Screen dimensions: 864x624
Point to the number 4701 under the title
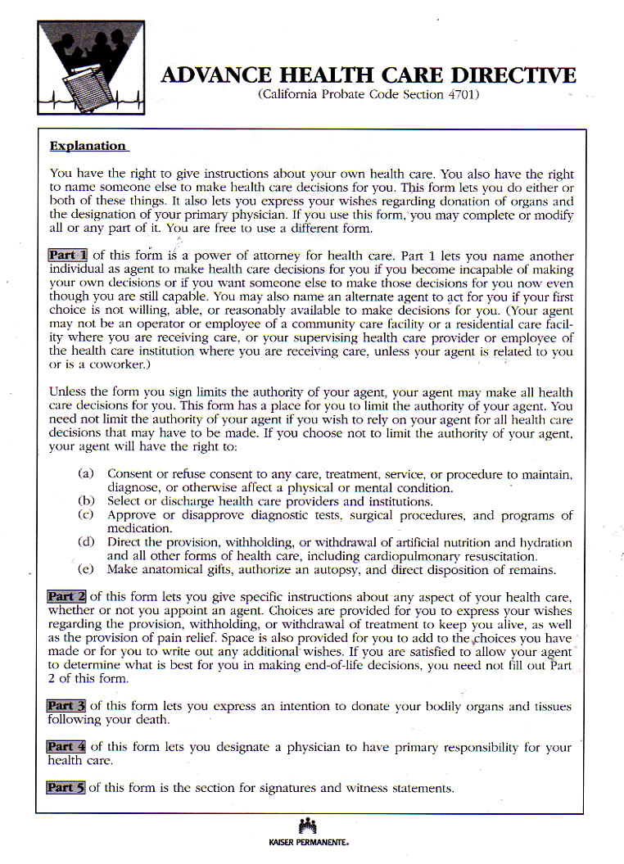[460, 95]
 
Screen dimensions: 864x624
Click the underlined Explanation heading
[88, 147]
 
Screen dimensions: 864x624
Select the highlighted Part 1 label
[69, 256]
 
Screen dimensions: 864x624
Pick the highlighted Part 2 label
[67, 597]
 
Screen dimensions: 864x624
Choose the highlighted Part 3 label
[66, 706]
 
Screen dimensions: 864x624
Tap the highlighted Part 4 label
[67, 747]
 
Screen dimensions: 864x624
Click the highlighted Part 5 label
[66, 788]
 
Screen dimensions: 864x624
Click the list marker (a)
[86, 474]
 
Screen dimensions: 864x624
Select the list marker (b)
[86, 501]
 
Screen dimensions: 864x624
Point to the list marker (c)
[86, 515]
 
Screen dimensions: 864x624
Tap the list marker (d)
[86, 542]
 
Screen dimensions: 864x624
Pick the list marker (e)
[86, 570]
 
